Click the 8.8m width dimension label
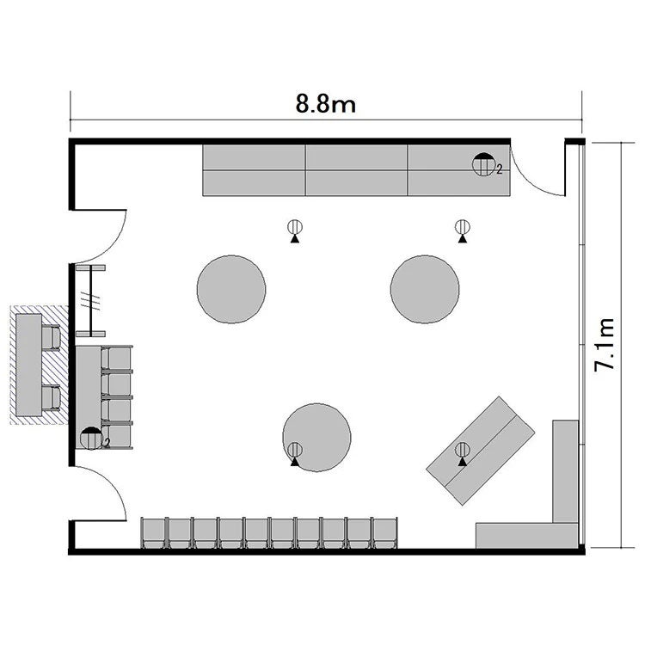tap(325, 103)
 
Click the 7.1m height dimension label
tap(605, 345)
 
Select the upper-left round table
tap(231, 289)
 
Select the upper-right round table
tap(425, 289)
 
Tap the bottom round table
tap(316, 437)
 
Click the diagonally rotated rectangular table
tap(481, 451)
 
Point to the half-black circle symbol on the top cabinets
tap(483, 164)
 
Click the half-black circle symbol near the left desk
tap(91, 439)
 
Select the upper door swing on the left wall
tap(113, 247)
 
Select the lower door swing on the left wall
tap(113, 483)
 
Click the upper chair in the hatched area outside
tap(51, 337)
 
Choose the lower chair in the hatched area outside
tap(51, 397)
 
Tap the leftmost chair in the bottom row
tap(153, 532)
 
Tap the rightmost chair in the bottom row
tap(385, 532)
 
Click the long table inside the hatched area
tap(28, 365)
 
